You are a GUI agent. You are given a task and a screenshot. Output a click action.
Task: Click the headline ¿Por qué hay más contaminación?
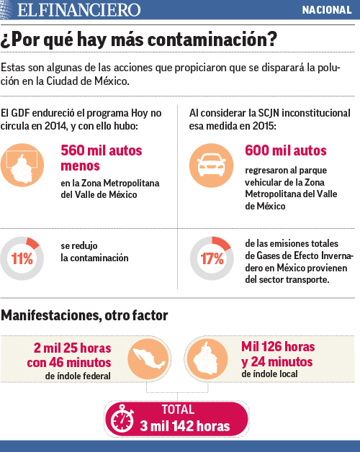click(140, 40)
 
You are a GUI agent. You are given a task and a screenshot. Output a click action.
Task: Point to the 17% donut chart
click(210, 258)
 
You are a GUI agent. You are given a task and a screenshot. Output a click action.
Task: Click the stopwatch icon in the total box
click(125, 420)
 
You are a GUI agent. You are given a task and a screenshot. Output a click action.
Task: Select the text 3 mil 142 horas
click(185, 426)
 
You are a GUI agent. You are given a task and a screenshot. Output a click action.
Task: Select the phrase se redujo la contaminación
click(94, 252)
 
